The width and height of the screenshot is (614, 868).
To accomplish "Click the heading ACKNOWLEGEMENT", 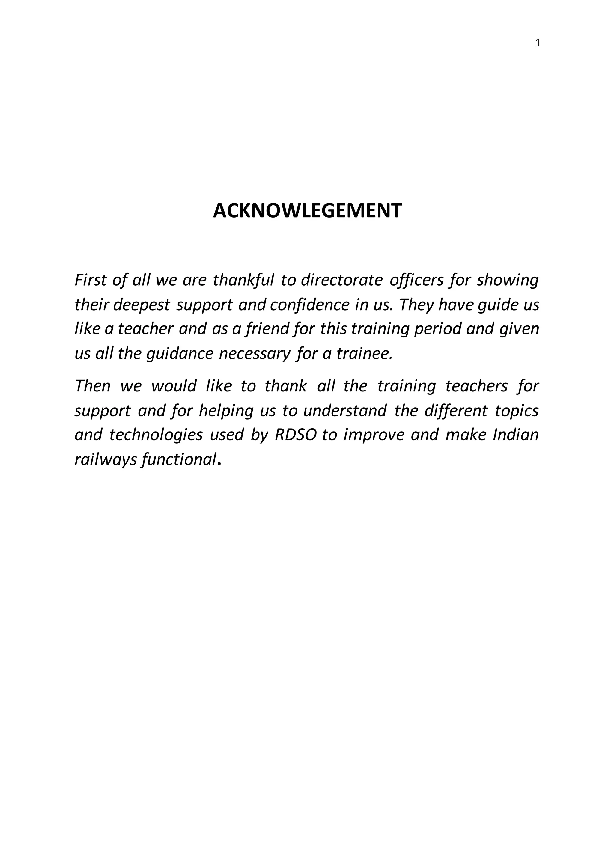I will pyautogui.click(x=307, y=211).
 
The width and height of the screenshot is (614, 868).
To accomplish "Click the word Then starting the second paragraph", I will pyautogui.click(x=93, y=386).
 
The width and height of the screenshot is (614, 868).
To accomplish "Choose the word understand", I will pyautogui.click(x=345, y=411).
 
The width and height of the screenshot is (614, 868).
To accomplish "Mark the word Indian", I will pyautogui.click(x=516, y=435).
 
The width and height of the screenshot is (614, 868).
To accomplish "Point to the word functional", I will pyautogui.click(x=178, y=460).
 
